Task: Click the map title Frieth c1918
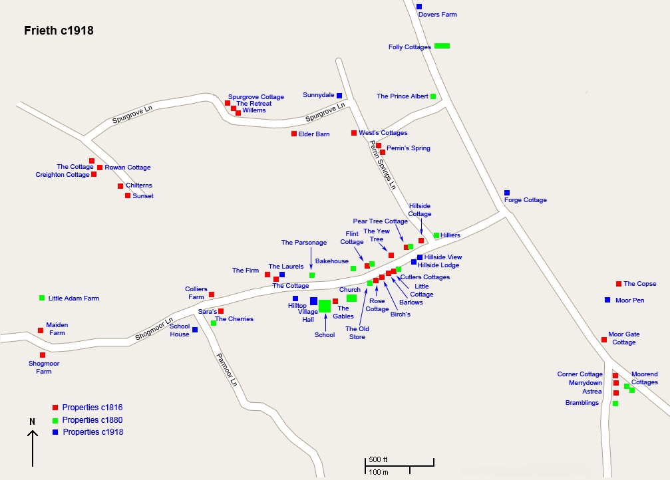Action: point(59,31)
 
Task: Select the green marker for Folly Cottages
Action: point(442,46)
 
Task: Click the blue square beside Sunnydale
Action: point(339,96)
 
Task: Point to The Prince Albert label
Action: point(402,96)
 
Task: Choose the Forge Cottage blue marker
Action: point(507,193)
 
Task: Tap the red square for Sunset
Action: point(128,195)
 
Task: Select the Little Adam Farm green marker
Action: point(43,298)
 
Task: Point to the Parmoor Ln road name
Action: point(226,370)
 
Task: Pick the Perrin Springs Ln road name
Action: point(383,166)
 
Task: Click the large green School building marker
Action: point(325,306)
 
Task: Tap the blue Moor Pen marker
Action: point(607,300)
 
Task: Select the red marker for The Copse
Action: point(619,284)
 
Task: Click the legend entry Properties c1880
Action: point(92,420)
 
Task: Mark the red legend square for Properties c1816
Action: point(55,408)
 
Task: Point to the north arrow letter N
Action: point(32,421)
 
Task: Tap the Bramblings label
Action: point(582,403)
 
